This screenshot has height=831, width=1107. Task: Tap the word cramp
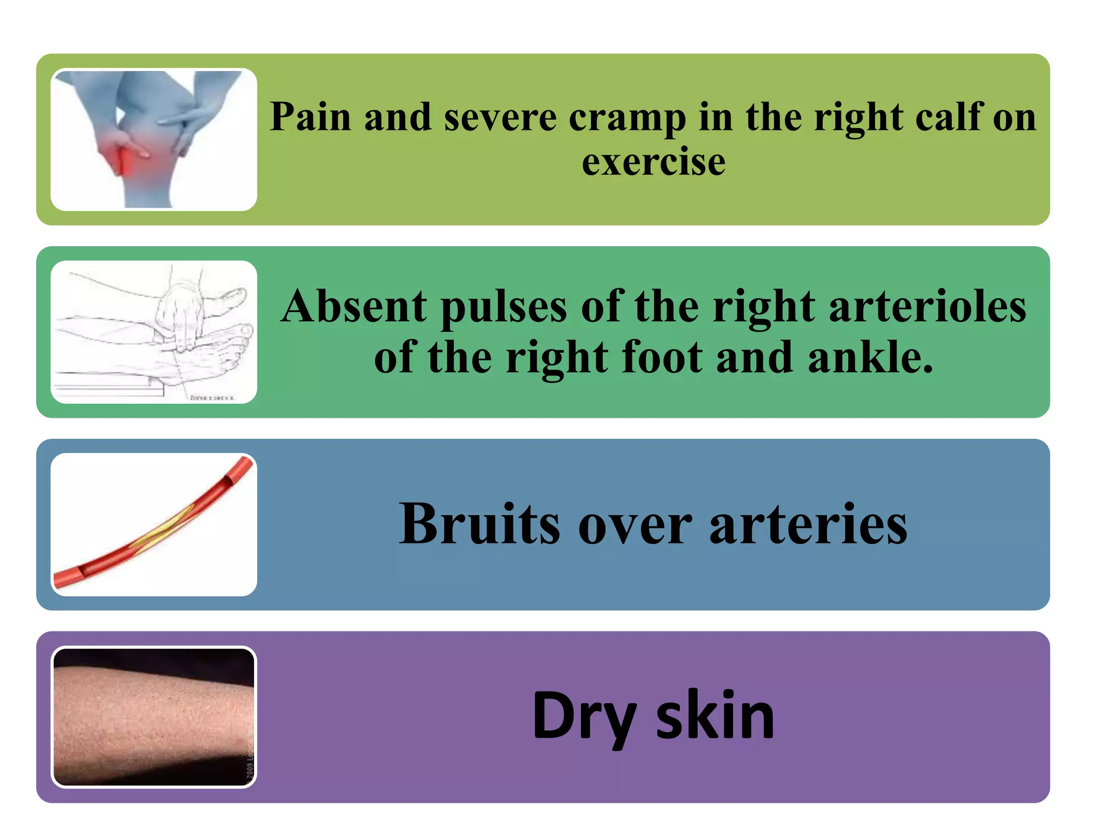(x=627, y=118)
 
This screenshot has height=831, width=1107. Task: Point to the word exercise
(x=653, y=162)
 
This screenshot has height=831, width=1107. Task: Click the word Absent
(x=354, y=307)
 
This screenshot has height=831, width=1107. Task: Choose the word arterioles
(x=927, y=307)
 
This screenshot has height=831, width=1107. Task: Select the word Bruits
(x=479, y=524)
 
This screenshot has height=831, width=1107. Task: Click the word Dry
(x=584, y=717)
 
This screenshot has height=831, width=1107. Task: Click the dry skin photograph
(x=154, y=716)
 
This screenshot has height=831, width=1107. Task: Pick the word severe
(x=500, y=117)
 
